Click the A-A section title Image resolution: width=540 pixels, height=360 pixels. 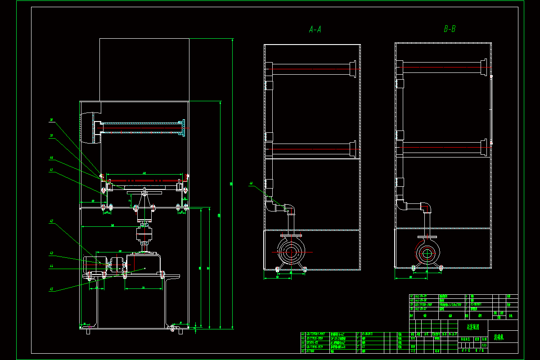[x=315, y=30]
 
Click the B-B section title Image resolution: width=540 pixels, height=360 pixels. [x=450, y=29]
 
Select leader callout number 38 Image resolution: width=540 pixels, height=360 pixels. [x=52, y=120]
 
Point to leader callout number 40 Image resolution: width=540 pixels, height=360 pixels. [x=52, y=158]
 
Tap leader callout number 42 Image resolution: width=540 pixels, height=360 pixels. [x=52, y=221]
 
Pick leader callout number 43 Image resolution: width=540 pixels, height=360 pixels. [x=52, y=254]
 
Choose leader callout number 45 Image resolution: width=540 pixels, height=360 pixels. [x=52, y=289]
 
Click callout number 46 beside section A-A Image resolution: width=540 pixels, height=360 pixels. [x=252, y=183]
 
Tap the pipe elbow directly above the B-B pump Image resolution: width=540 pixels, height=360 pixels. [x=426, y=208]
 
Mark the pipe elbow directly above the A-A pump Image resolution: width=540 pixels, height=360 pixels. [x=290, y=209]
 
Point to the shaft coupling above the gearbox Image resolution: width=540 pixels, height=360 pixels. [x=145, y=234]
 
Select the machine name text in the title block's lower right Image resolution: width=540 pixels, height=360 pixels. [x=500, y=336]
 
